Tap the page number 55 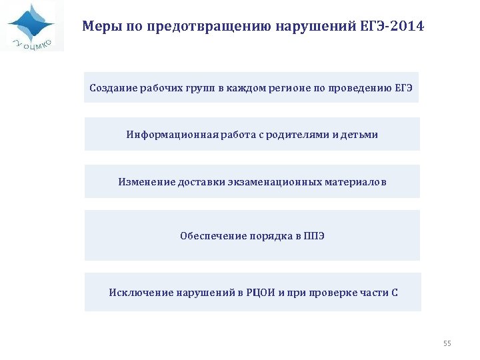447,343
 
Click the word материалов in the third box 356,181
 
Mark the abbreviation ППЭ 314,236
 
